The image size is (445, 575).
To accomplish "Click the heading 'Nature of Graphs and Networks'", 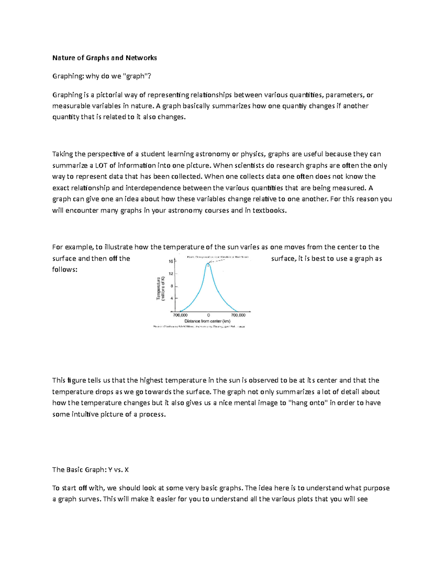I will click(104, 58).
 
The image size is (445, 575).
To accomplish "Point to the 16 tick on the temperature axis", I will click(171, 261).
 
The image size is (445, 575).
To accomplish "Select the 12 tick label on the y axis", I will click(171, 274).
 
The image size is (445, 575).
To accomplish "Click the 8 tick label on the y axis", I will click(172, 286).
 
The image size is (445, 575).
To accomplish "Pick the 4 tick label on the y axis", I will click(172, 298).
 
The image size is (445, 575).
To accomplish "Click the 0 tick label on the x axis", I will click(208, 315).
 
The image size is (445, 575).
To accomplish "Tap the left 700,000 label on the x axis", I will click(180, 315).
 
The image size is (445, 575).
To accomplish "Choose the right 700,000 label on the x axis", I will click(238, 315).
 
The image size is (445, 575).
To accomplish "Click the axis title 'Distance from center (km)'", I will click(207, 321).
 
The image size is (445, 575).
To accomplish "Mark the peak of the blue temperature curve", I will click(208, 263).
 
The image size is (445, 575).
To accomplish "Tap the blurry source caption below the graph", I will click(199, 327).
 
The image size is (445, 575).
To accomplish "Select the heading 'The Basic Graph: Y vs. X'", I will click(90, 470).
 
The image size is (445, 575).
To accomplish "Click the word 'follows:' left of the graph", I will click(65, 270).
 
